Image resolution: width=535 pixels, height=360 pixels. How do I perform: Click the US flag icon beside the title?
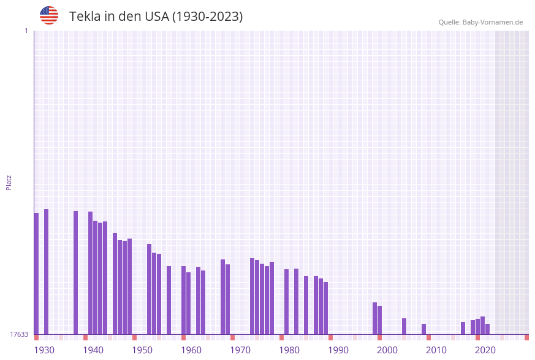coord(49,15)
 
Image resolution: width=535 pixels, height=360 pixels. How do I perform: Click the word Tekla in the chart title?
coord(85,17)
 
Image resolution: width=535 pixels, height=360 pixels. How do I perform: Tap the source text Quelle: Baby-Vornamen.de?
coord(480,22)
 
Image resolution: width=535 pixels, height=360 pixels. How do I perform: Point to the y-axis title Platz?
coord(9,182)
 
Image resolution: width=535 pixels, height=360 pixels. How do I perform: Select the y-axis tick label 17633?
coord(19,334)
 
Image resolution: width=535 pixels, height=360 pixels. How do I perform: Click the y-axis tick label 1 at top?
coord(26,31)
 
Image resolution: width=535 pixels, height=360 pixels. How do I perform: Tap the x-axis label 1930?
coord(44,350)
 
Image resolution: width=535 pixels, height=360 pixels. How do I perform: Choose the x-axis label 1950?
coord(142,350)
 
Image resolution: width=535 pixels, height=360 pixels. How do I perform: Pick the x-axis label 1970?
coord(240,350)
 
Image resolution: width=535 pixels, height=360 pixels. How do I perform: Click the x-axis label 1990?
coord(338,350)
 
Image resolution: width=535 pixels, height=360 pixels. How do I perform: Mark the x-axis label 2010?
coord(436,350)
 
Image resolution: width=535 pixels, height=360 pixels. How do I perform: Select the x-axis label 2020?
coord(485,350)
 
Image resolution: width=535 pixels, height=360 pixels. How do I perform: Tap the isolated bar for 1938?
coord(75,272)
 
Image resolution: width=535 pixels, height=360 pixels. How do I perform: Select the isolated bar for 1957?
coord(169,300)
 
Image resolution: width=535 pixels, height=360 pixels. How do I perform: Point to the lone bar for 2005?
coord(404,326)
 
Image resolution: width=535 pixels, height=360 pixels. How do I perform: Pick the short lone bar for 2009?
coord(423,329)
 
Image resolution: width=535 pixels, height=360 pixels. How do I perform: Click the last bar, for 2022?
coord(487,329)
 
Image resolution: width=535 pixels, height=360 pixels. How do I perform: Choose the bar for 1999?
coord(379,320)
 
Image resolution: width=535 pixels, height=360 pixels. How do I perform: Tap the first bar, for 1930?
coord(36,274)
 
